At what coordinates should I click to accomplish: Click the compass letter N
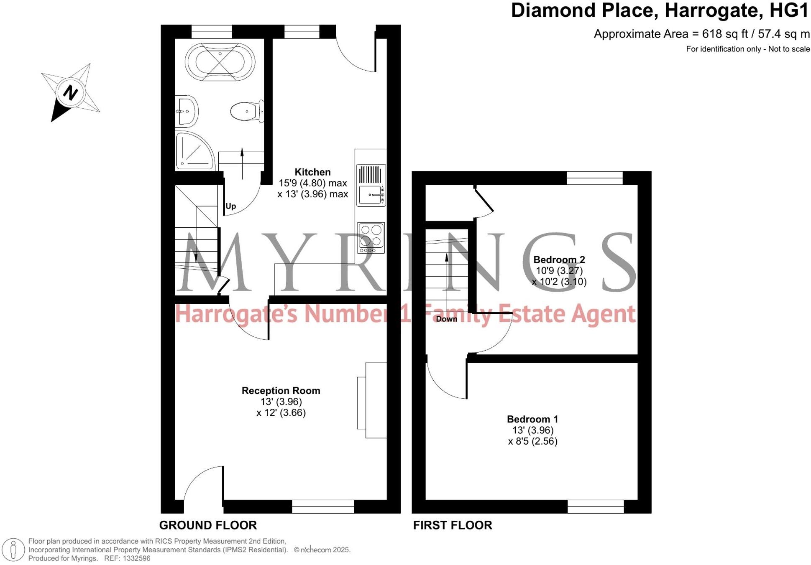[x=71, y=92]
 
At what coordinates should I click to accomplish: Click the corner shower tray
[x=193, y=151]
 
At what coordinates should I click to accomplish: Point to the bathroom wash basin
[x=186, y=112]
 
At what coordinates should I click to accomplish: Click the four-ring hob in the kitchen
[x=371, y=237]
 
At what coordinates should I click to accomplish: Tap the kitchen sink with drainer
[x=371, y=186]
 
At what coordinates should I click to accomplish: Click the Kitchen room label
[x=312, y=172]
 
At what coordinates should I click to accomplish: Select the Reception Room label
[x=281, y=391]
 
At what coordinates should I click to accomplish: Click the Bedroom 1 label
[x=532, y=419]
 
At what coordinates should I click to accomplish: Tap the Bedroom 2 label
[x=559, y=260]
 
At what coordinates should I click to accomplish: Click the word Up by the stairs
[x=230, y=206]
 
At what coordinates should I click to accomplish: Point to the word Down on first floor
[x=446, y=319]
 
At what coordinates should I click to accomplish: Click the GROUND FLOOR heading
[x=208, y=525]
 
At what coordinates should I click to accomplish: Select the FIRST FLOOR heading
[x=453, y=525]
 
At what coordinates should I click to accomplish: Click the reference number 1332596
[x=136, y=558]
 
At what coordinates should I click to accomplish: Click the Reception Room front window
[x=323, y=506]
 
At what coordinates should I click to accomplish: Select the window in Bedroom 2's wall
[x=594, y=178]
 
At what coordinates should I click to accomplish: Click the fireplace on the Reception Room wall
[x=371, y=400]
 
